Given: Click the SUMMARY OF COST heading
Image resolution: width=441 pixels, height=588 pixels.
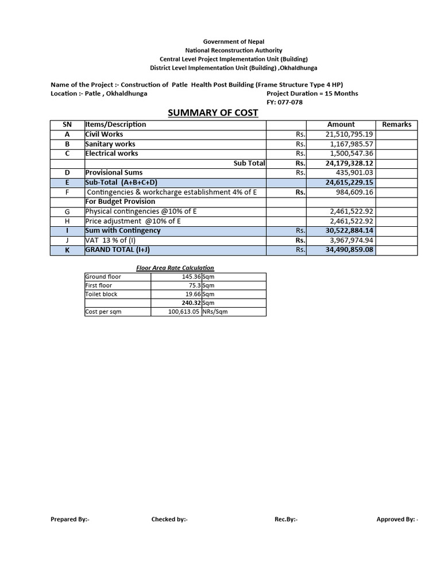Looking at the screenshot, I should [x=212, y=113].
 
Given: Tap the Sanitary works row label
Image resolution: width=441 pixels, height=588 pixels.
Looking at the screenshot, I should [x=110, y=144].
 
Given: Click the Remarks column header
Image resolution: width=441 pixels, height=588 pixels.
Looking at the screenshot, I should [x=397, y=124].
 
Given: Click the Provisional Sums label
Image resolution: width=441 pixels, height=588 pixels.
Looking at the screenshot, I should [x=114, y=172].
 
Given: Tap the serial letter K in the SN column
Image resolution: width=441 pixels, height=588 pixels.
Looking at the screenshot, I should [x=67, y=250].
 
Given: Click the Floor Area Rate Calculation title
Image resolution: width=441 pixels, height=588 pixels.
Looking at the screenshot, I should [x=175, y=268].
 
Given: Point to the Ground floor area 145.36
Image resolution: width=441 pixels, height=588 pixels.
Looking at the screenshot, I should [x=189, y=277].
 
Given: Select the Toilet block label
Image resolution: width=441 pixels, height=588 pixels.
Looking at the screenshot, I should [x=101, y=294].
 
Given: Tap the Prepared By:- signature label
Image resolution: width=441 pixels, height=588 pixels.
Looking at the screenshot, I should [x=70, y=520].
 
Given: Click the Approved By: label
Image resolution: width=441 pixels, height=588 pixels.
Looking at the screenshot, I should [x=397, y=520].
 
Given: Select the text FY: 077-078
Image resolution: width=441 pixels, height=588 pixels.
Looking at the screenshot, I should [x=285, y=102].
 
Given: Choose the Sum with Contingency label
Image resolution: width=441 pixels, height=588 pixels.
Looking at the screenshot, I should [x=123, y=230].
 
